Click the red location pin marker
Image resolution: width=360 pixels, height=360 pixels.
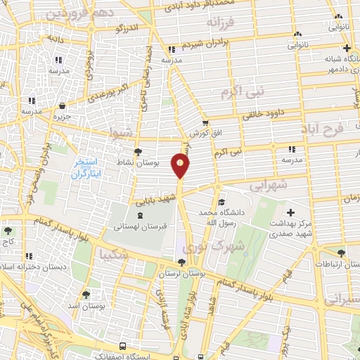click(181, 165)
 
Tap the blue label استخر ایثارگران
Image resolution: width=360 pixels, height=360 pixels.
click(88, 167)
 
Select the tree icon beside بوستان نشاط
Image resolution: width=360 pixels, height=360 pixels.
click(138, 151)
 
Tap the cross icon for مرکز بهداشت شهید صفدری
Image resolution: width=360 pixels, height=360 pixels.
click(290, 212)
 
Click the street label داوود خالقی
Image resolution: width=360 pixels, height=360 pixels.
click(264, 110)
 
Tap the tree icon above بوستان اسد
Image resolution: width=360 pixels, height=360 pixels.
click(86, 295)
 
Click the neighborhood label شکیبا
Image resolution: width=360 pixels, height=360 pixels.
click(113, 253)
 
